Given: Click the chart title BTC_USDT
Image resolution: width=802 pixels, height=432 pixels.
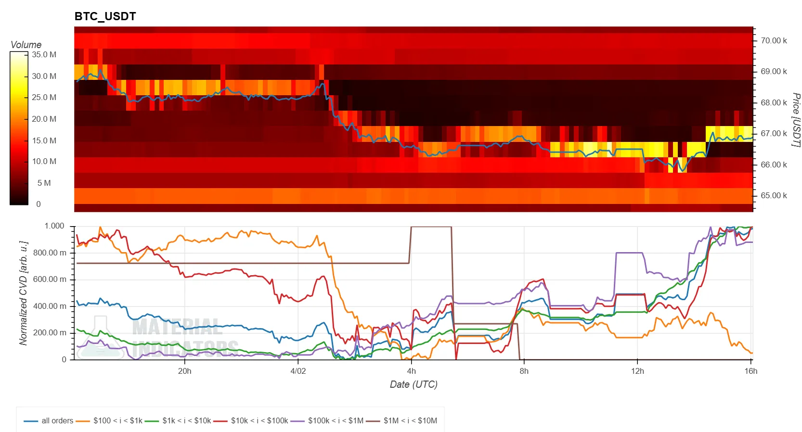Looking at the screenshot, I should click(x=105, y=16).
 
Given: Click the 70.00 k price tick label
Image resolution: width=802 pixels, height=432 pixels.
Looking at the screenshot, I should click(x=774, y=40).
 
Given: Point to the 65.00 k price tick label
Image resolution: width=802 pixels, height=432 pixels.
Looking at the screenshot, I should click(x=774, y=195).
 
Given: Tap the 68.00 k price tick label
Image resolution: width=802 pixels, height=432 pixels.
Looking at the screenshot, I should click(x=774, y=102).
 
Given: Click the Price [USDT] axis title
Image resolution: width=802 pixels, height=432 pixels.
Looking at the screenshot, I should click(x=796, y=120).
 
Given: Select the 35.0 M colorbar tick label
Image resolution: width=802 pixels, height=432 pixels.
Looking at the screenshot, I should click(x=44, y=55).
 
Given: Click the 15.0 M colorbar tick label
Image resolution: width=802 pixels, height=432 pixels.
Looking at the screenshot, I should click(x=44, y=140).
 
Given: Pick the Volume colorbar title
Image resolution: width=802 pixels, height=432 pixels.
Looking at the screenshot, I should click(x=26, y=45).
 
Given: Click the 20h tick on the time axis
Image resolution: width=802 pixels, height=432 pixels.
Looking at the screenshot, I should click(x=184, y=371).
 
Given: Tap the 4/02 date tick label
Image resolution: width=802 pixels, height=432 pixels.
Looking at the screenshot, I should click(x=298, y=371).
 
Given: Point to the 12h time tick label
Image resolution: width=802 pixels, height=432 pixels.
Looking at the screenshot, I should click(x=637, y=371).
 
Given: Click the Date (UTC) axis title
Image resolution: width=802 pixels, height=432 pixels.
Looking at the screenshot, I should click(x=414, y=384).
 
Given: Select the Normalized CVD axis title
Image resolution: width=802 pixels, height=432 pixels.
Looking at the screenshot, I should click(x=23, y=293).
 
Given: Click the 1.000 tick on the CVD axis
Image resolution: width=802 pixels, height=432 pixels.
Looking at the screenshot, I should click(x=54, y=226).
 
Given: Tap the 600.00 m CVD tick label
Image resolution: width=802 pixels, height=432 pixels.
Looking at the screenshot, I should click(x=50, y=280).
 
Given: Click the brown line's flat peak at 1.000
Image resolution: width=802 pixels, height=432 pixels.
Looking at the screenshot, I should click(x=431, y=227).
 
